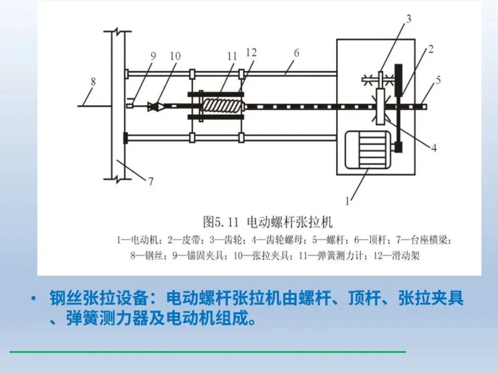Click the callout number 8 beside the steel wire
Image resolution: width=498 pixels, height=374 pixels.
(94, 82)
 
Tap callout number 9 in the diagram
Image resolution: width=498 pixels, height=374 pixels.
(153, 56)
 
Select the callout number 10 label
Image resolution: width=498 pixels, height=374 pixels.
(175, 56)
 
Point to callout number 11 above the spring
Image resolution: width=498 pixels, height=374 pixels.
(232, 56)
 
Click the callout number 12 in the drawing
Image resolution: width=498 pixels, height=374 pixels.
(251, 53)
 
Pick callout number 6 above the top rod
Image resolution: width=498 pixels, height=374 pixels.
(296, 53)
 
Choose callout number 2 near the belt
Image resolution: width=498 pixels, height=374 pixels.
(430, 49)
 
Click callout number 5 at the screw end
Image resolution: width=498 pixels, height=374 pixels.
(438, 80)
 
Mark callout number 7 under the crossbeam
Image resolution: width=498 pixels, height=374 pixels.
(151, 181)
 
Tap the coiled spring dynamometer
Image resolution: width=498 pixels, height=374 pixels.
(223, 106)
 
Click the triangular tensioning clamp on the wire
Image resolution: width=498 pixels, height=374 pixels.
(153, 106)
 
